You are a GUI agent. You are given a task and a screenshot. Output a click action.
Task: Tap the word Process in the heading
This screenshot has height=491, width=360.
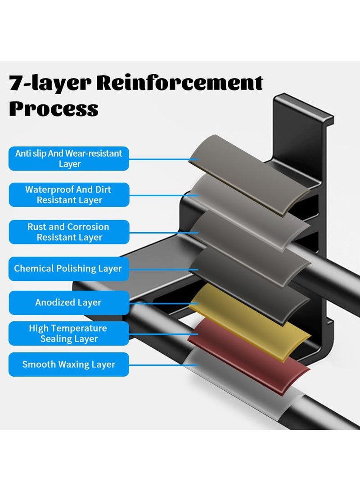(54, 108)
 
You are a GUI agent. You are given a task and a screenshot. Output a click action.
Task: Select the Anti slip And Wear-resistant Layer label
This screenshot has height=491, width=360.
(69, 158)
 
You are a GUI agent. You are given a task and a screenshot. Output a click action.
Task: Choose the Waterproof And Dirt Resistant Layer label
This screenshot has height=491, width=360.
(69, 194)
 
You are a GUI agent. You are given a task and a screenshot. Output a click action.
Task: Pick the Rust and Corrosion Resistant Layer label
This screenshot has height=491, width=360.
(69, 232)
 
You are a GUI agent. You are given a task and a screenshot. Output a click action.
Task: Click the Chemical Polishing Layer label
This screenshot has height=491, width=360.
(69, 269)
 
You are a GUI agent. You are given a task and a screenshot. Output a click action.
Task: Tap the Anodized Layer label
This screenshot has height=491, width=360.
(69, 302)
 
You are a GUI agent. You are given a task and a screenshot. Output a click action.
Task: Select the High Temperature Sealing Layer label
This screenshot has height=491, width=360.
(69, 333)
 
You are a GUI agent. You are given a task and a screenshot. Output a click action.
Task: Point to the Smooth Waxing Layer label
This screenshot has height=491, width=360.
(69, 365)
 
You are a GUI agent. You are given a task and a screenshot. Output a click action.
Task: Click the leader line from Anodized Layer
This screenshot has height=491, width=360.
(160, 302)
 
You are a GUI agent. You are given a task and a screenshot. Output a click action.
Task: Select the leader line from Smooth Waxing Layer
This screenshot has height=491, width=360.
(157, 365)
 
